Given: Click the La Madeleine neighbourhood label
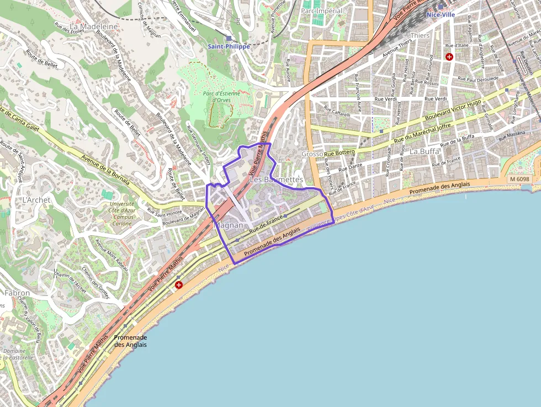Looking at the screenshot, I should point(94,26).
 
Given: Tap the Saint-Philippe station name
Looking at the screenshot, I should point(229,46).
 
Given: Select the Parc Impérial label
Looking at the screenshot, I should point(322,10).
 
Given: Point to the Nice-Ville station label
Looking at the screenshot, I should point(440,15).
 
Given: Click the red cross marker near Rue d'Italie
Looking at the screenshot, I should point(449,57).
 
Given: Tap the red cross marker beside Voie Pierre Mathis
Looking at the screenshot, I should point(178,285).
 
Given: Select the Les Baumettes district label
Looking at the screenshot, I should point(276,179).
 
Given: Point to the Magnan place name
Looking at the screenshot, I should point(228,225).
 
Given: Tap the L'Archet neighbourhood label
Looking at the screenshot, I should point(36,199).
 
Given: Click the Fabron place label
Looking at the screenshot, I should point(17,293).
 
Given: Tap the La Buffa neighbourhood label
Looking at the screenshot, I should point(425,151).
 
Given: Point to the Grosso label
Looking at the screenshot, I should point(312,154).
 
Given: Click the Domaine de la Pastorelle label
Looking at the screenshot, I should point(15,354).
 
